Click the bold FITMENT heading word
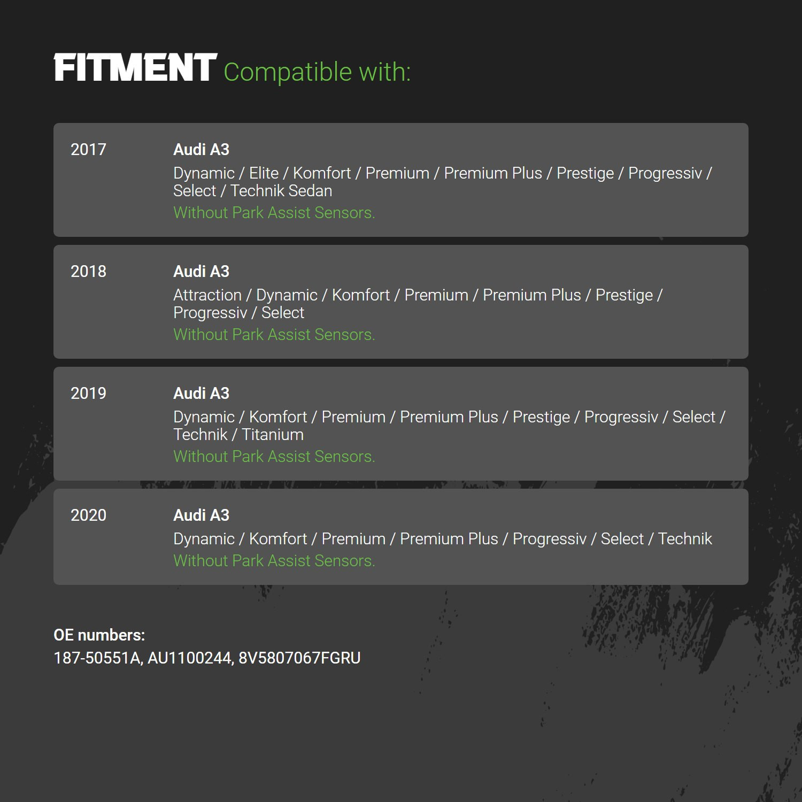(x=135, y=68)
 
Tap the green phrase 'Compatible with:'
(x=317, y=72)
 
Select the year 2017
(x=88, y=149)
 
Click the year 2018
(x=88, y=271)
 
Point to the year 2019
(x=88, y=393)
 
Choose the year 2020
(x=88, y=515)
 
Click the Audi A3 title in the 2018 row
(x=201, y=271)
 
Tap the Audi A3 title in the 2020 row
(x=201, y=515)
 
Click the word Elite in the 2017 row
(x=264, y=173)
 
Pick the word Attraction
(x=207, y=295)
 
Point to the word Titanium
(x=273, y=435)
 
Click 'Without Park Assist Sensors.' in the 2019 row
(x=274, y=456)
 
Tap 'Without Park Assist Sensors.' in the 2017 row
(x=274, y=212)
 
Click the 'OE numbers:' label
(x=99, y=635)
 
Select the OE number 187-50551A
(x=98, y=658)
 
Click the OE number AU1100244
(x=190, y=658)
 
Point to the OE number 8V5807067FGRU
(x=299, y=658)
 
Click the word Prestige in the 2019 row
(x=541, y=417)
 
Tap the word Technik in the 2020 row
(x=685, y=538)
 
